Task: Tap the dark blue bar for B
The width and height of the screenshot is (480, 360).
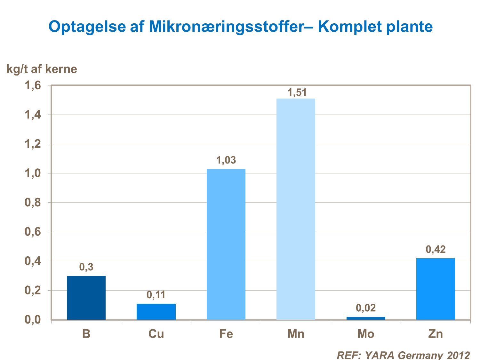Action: [x=86, y=298]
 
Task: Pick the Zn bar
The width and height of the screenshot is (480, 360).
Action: [x=436, y=289]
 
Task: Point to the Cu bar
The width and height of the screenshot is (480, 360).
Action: [x=156, y=311]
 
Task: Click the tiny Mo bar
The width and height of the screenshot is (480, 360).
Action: [x=366, y=318]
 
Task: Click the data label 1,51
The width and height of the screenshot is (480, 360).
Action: [x=297, y=92]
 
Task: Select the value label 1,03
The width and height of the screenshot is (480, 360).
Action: [x=226, y=160]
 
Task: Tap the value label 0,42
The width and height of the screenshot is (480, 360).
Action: [x=436, y=249]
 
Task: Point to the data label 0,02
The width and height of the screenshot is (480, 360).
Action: [x=366, y=308]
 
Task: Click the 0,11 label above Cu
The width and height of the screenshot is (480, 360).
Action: [x=156, y=295]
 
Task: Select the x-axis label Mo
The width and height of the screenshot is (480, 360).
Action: [x=366, y=334]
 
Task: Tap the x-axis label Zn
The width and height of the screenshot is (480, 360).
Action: [x=436, y=334]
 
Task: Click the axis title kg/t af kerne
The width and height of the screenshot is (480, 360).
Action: [x=42, y=69]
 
